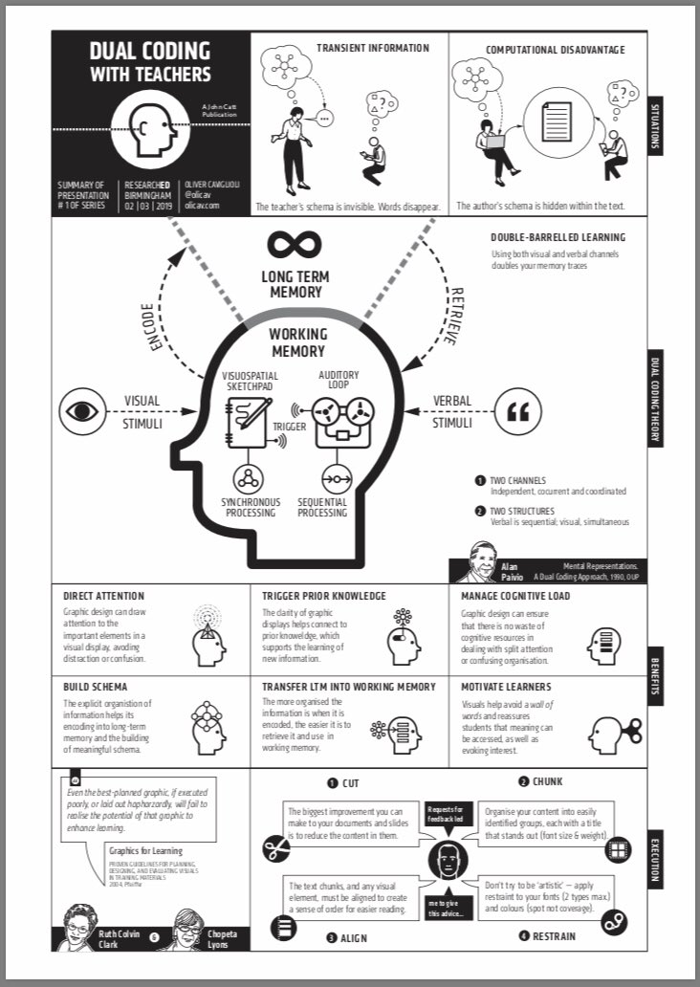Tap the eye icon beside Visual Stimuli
click(83, 412)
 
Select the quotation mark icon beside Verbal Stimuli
click(517, 412)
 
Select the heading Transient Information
click(373, 48)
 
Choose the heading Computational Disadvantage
click(555, 49)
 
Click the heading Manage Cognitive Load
click(514, 596)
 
